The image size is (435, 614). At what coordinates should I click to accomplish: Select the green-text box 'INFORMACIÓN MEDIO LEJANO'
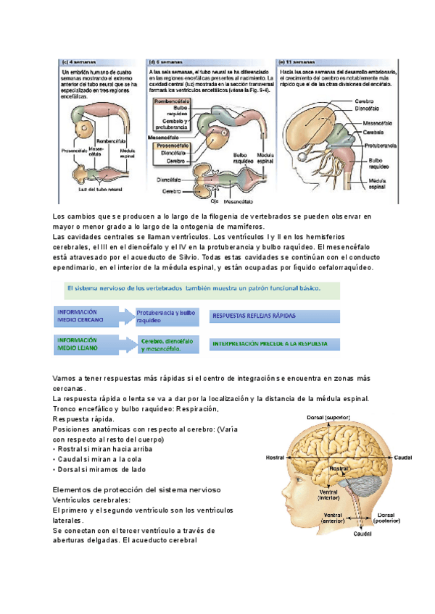point(86,343)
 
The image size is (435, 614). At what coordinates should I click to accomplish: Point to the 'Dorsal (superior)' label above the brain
point(328,416)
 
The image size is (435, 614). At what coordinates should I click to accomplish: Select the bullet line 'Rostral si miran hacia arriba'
point(106,450)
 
